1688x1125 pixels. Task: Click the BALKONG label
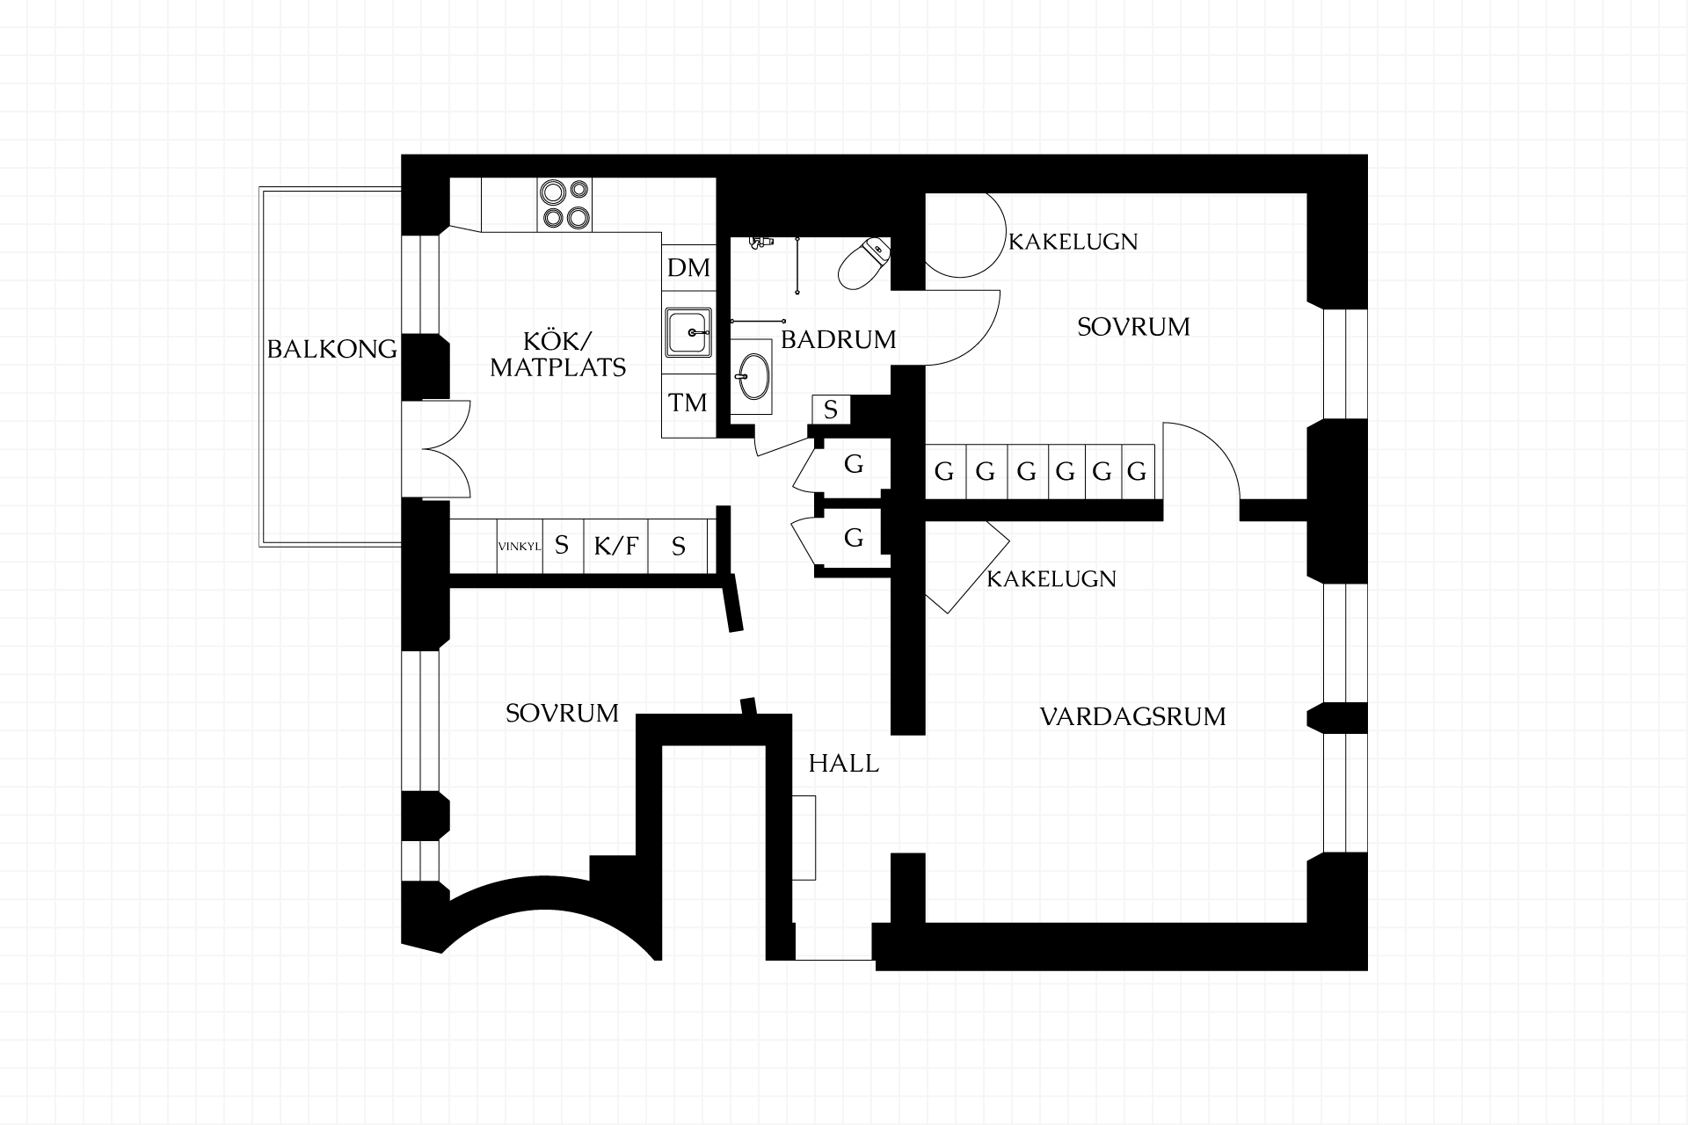click(331, 350)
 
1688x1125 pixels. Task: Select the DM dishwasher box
click(688, 267)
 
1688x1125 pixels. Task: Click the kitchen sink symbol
click(688, 332)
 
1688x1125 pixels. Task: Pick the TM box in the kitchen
click(688, 403)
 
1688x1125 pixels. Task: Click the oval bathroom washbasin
click(752, 377)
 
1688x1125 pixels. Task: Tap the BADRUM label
click(839, 339)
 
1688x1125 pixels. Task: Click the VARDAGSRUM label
click(1132, 716)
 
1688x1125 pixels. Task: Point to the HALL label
click(844, 763)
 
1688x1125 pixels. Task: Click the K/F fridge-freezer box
click(615, 546)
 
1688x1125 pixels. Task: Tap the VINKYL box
click(520, 546)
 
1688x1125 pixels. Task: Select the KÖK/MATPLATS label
click(558, 354)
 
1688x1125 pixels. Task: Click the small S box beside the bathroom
click(831, 410)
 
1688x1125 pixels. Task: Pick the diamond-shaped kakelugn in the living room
click(966, 567)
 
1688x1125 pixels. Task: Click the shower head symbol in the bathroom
click(760, 242)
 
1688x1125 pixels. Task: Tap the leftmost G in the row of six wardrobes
click(944, 472)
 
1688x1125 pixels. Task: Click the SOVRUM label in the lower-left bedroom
click(563, 713)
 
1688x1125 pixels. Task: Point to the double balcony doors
click(447, 449)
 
